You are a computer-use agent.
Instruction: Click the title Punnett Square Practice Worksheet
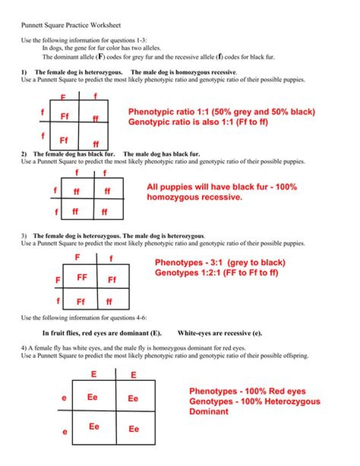pos(70,25)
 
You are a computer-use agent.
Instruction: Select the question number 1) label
pos(24,72)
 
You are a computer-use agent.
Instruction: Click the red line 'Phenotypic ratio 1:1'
pos(221,112)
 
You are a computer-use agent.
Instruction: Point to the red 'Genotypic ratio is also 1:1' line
pos(198,122)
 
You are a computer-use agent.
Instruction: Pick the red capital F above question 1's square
pos(63,97)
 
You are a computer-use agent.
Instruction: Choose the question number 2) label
pos(24,154)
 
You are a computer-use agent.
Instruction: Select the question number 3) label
pos(24,235)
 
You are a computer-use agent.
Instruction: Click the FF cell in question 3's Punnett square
pos(82,277)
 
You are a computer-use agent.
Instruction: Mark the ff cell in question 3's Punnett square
pos(109,302)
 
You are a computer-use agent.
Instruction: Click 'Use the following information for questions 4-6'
pos(84,318)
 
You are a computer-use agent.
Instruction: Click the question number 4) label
pos(24,348)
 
